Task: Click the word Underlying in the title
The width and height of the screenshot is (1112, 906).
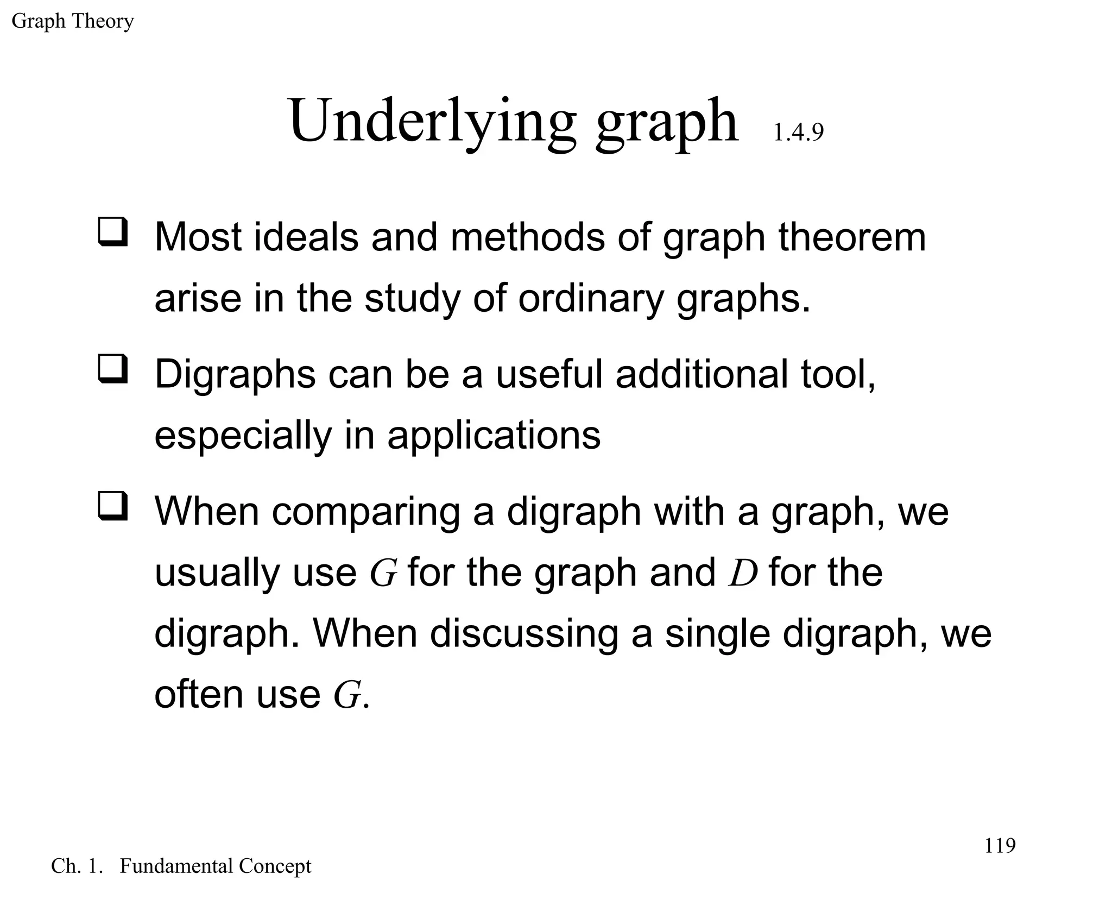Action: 432,121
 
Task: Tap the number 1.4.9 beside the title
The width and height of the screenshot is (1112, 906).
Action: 798,133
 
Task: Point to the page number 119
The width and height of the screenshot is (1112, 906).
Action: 1000,845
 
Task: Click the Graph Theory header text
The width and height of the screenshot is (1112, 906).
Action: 72,22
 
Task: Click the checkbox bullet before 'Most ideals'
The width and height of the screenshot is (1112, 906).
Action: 113,232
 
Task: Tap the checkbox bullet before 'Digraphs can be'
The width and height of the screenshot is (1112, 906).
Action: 113,369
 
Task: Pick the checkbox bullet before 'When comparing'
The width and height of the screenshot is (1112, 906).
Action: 113,506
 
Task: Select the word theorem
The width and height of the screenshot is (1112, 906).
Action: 852,237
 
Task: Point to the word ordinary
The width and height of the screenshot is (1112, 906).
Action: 591,299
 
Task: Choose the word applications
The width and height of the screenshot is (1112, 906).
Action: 494,436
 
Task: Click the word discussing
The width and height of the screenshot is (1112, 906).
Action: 524,634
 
